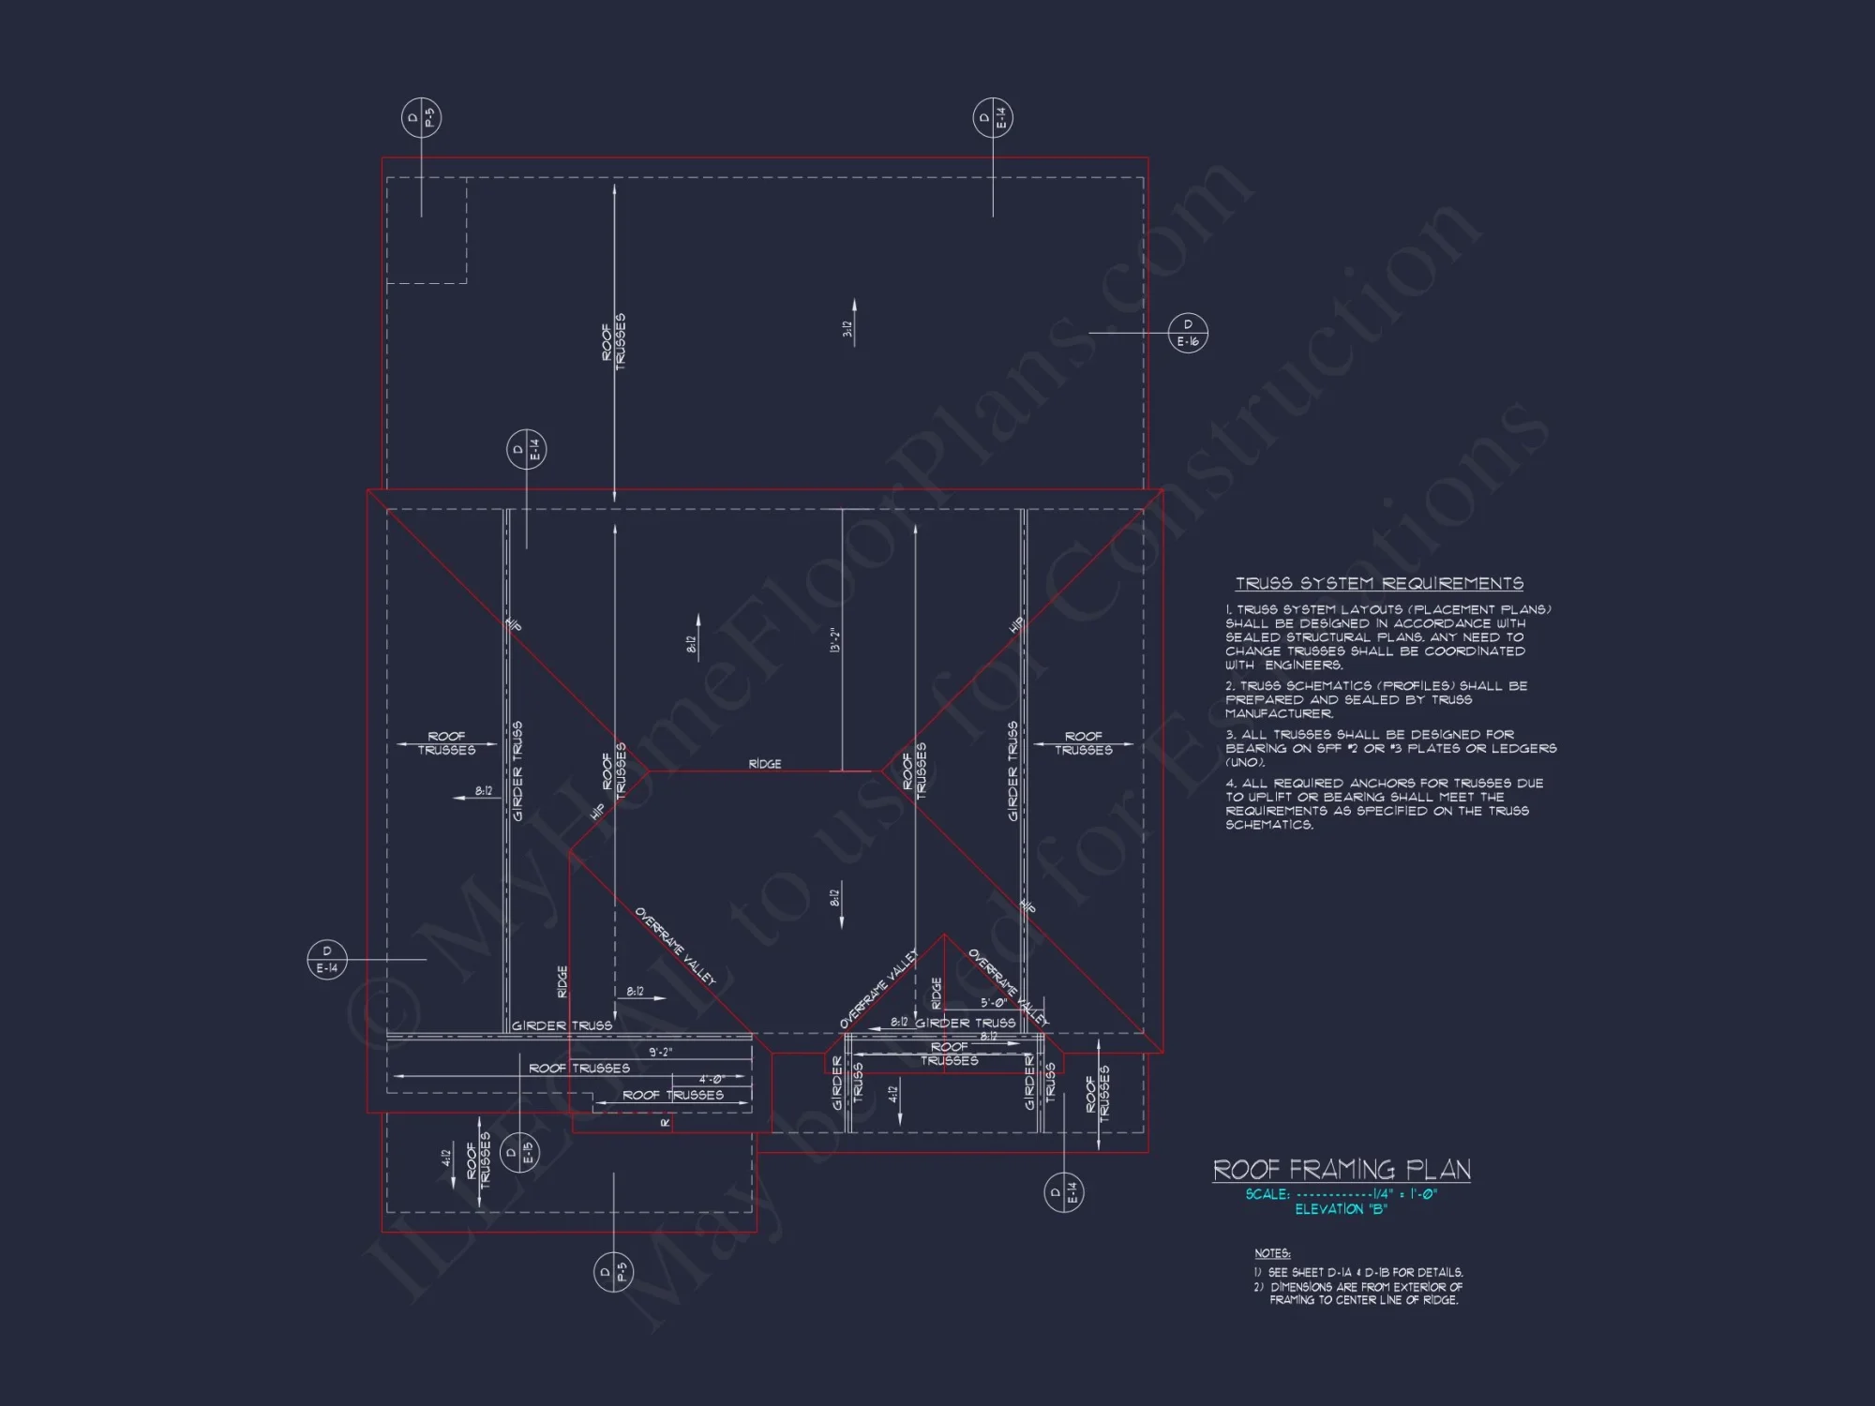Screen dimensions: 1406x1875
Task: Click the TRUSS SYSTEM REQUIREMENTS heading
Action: [1379, 583]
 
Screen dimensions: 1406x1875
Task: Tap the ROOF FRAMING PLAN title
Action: [1342, 1170]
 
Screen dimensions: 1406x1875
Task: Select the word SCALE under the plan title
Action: [1267, 1194]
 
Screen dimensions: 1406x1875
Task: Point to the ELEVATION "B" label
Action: [1341, 1209]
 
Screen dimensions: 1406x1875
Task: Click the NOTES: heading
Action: [1272, 1253]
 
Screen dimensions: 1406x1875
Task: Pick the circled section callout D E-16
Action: [1188, 333]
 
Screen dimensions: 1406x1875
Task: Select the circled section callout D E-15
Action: [519, 1152]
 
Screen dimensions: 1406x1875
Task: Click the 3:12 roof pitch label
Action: [847, 329]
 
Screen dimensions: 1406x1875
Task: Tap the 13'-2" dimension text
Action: [834, 640]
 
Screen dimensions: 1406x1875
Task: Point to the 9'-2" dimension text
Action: [661, 1052]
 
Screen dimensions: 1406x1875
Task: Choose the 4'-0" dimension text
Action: [712, 1079]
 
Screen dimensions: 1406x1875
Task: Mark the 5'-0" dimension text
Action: [994, 1003]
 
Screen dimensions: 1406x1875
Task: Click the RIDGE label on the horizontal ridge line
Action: [765, 764]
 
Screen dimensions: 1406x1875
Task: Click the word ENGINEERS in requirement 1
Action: [1303, 665]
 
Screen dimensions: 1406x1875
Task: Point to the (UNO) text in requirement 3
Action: [1245, 762]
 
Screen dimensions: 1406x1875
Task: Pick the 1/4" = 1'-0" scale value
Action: [1403, 1194]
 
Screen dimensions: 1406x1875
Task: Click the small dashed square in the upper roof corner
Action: [427, 230]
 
